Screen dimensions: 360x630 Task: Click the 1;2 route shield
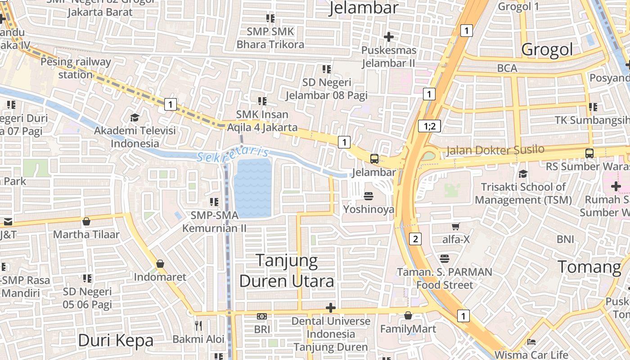(429, 126)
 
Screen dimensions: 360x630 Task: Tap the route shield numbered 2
(415, 239)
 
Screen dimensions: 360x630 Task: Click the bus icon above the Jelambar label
(374, 158)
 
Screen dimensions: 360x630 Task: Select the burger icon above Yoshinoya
(369, 196)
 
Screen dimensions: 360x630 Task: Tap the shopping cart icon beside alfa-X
(456, 226)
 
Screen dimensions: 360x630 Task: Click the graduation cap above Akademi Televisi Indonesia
(135, 117)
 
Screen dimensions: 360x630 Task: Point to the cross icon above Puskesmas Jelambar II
(389, 36)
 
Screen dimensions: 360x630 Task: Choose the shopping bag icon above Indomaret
(160, 264)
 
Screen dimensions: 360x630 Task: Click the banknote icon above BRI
(262, 316)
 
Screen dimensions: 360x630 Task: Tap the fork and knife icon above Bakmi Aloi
(198, 325)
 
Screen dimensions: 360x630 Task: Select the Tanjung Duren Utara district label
(287, 270)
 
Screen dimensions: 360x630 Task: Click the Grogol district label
(547, 49)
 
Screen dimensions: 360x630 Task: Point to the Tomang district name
(589, 267)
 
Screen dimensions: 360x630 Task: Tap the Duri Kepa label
(116, 340)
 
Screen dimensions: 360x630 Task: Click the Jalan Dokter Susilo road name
(495, 150)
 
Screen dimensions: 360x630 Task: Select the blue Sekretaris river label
(233, 154)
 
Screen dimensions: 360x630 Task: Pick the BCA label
(507, 68)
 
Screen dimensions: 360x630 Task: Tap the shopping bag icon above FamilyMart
(408, 316)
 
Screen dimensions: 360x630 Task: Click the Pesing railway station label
(76, 68)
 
